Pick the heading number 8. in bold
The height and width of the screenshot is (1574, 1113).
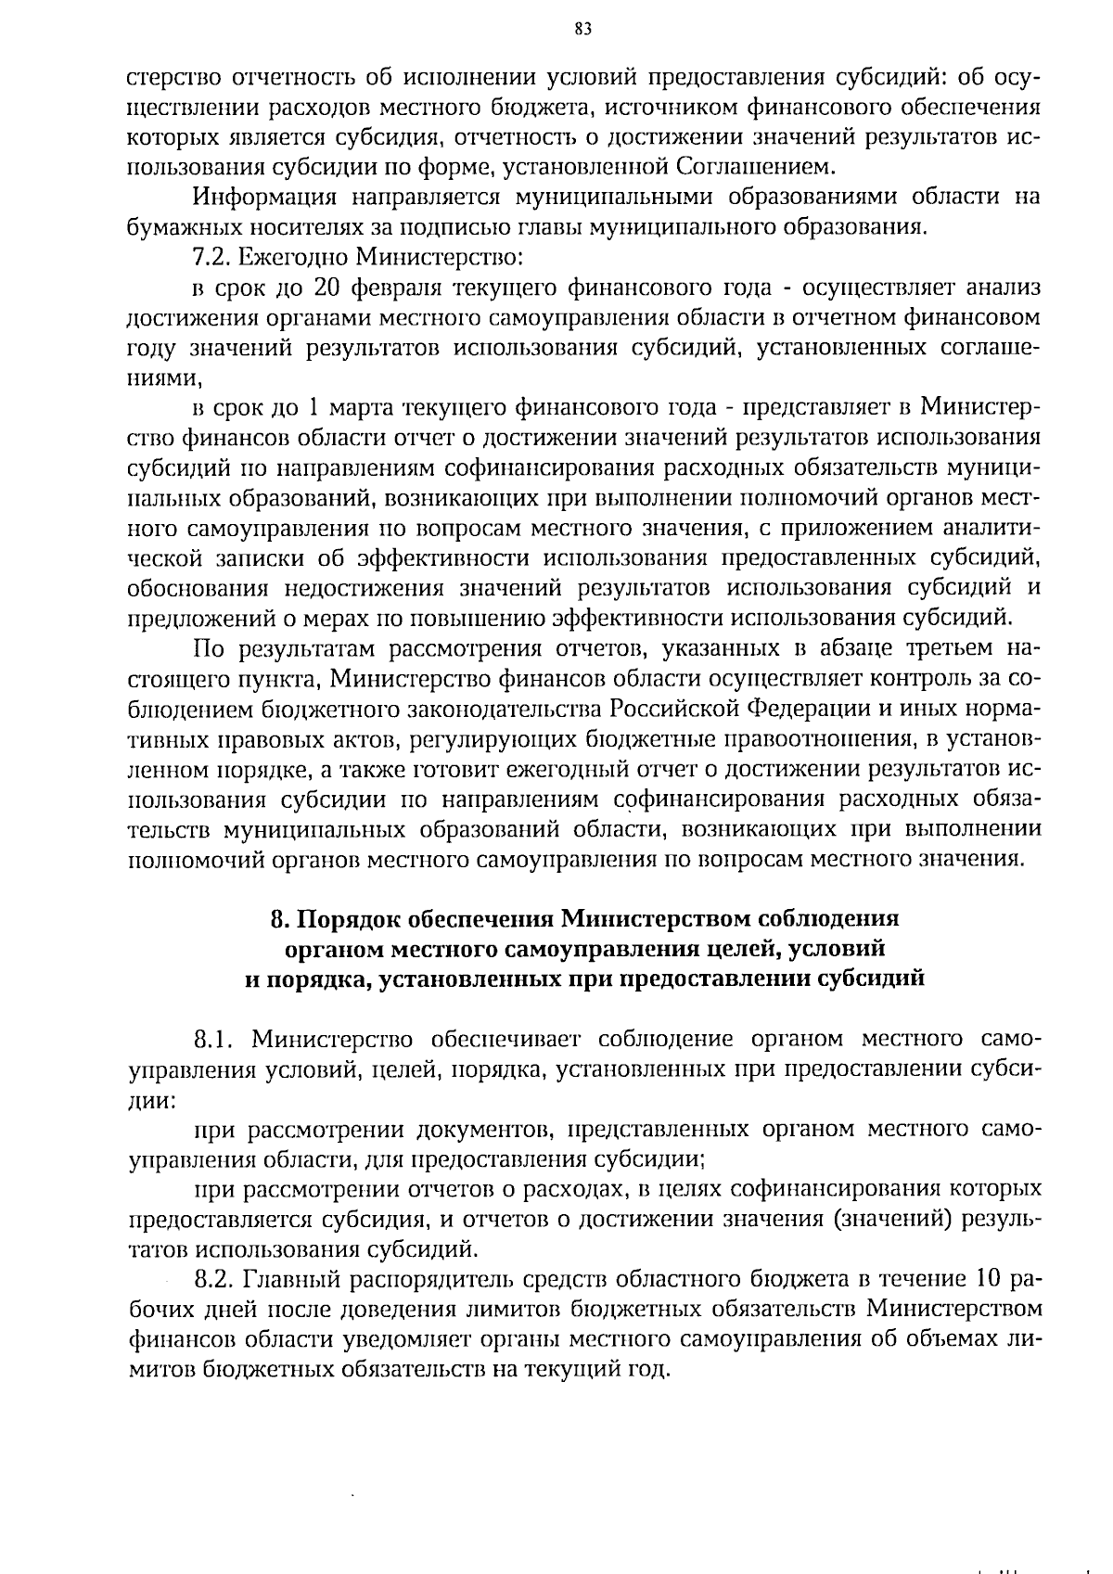pyautogui.click(x=281, y=919)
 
